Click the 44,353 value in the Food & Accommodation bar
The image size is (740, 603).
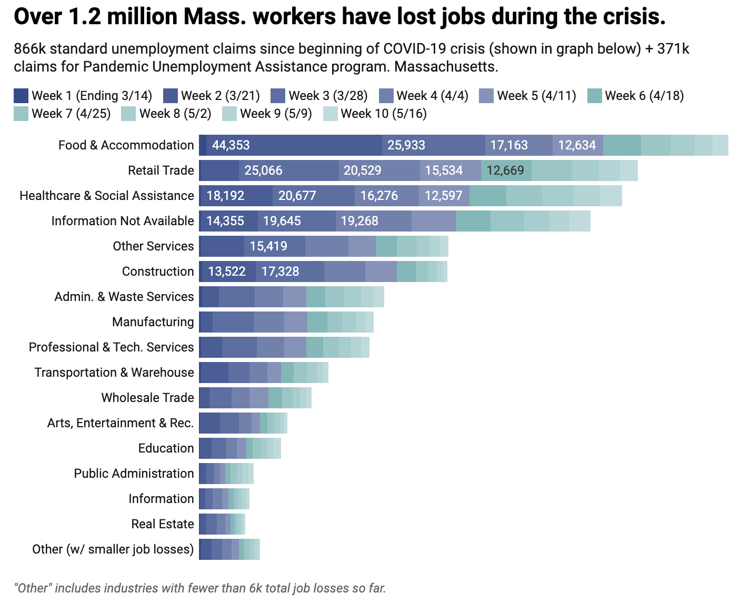[231, 145]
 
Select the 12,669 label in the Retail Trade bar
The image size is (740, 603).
[505, 170]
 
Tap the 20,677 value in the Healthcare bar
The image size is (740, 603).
[297, 196]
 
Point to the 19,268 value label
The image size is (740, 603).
[359, 221]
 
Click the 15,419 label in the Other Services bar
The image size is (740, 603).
[268, 246]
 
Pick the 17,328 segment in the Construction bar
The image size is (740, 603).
[280, 272]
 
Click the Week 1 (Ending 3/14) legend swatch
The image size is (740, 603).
[21, 96]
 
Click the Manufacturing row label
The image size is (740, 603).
[153, 322]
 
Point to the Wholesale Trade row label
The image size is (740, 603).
[147, 398]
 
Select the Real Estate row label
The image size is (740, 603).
[163, 524]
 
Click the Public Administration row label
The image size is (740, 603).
[134, 474]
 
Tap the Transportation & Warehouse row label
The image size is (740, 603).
[114, 373]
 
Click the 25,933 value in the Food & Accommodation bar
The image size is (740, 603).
[406, 145]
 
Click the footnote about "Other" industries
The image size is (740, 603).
[200, 588]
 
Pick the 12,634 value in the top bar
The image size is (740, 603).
[577, 145]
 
